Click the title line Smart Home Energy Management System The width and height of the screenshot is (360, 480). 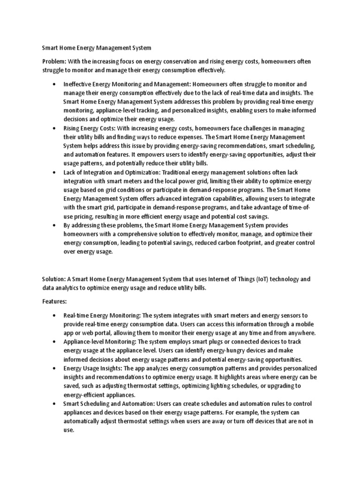(x=97, y=47)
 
